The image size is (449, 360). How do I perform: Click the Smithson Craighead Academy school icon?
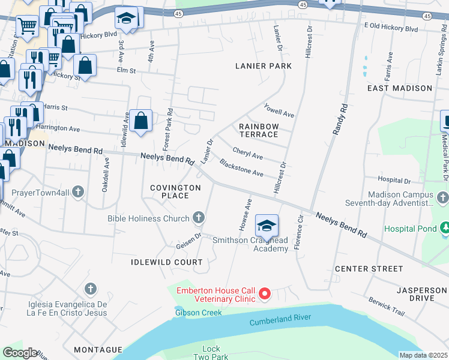click(267, 226)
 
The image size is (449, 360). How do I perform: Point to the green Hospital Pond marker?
click(445, 229)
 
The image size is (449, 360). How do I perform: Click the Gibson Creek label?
click(199, 313)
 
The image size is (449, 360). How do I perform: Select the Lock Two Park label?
click(211, 353)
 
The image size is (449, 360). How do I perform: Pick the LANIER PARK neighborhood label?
click(264, 66)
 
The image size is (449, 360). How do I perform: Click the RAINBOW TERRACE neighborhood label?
click(259, 131)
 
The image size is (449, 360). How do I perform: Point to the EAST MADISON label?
click(400, 88)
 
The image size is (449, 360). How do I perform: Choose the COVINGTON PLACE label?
click(175, 192)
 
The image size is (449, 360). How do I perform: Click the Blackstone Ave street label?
click(241, 168)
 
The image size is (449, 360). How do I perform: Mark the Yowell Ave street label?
click(279, 110)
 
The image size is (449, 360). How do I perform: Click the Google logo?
click(20, 353)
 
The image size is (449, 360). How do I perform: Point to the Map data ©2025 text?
click(423, 355)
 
